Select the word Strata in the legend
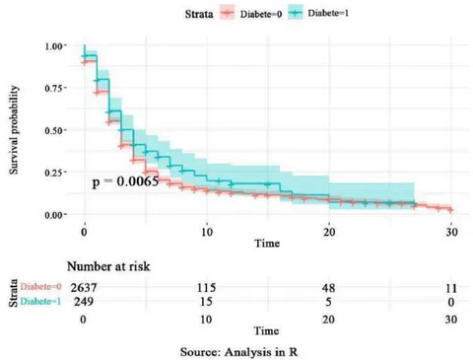click(199, 14)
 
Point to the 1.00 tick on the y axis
click(53, 46)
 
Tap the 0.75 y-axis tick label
click(53, 89)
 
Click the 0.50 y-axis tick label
click(53, 130)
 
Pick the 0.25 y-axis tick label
click(53, 173)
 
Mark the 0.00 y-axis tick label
click(53, 215)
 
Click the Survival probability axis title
click(14, 130)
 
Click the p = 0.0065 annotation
click(125, 181)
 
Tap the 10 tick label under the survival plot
click(207, 232)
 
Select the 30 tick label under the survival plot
click(451, 232)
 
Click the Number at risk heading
click(108, 266)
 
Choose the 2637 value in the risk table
click(84, 288)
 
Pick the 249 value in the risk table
click(84, 302)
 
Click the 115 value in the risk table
click(206, 288)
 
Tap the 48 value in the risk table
click(328, 288)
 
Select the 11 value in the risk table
click(451, 288)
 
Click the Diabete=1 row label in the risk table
click(40, 302)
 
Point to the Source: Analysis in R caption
click(238, 352)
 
